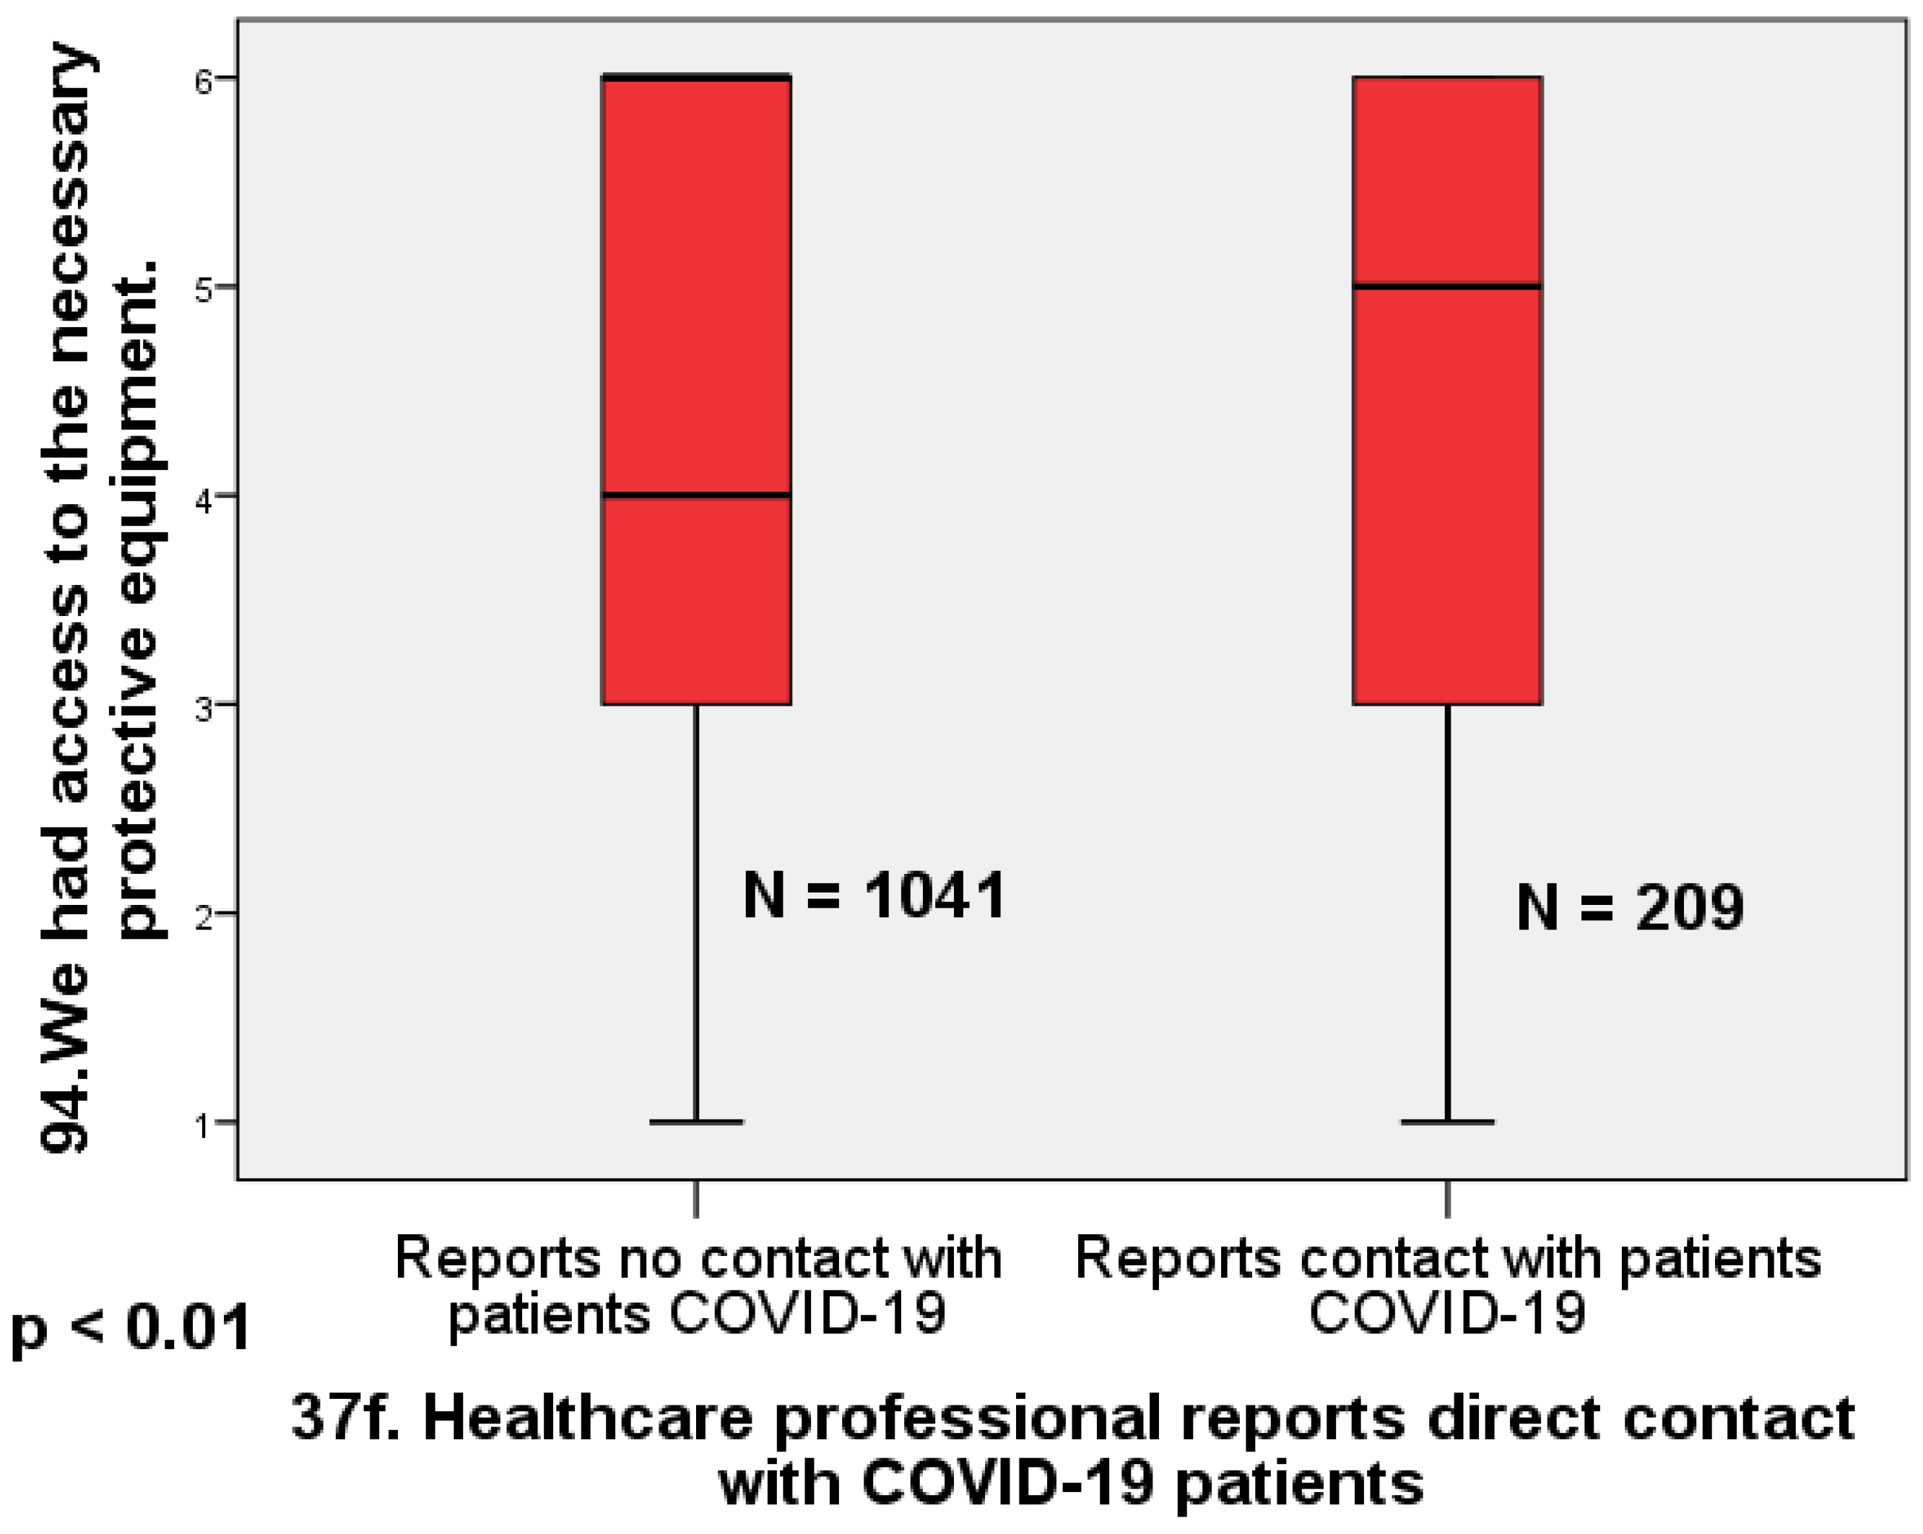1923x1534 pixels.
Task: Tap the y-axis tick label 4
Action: click(x=204, y=500)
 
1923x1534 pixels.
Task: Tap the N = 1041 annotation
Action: click(x=874, y=896)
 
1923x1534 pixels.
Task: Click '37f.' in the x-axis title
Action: click(x=344, y=1419)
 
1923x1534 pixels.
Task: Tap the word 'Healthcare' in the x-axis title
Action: click(x=588, y=1419)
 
